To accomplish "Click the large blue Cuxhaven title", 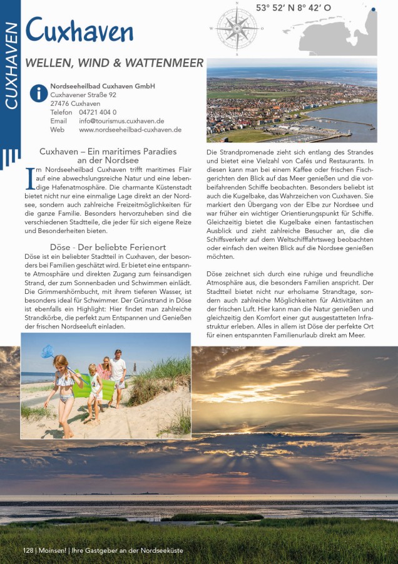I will pos(79,31).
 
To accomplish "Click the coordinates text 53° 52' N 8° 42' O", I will pos(293,8).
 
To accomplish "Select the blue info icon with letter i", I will pos(39,93).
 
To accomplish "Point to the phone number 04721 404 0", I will pos(98,112).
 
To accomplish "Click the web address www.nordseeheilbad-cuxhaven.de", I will pos(130,130).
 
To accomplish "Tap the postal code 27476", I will pos(59,103).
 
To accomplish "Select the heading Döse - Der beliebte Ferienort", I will pos(108,247).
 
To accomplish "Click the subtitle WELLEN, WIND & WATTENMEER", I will pos(114,63).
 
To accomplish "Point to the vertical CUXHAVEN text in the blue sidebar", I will pos(10,66).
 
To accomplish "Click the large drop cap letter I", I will pos(29,177).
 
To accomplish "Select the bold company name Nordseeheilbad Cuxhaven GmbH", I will pos(103,86).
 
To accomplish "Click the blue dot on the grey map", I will pos(373,9).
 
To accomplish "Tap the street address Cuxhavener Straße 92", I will pos(83,95).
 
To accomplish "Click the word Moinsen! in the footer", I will pos(51,550).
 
